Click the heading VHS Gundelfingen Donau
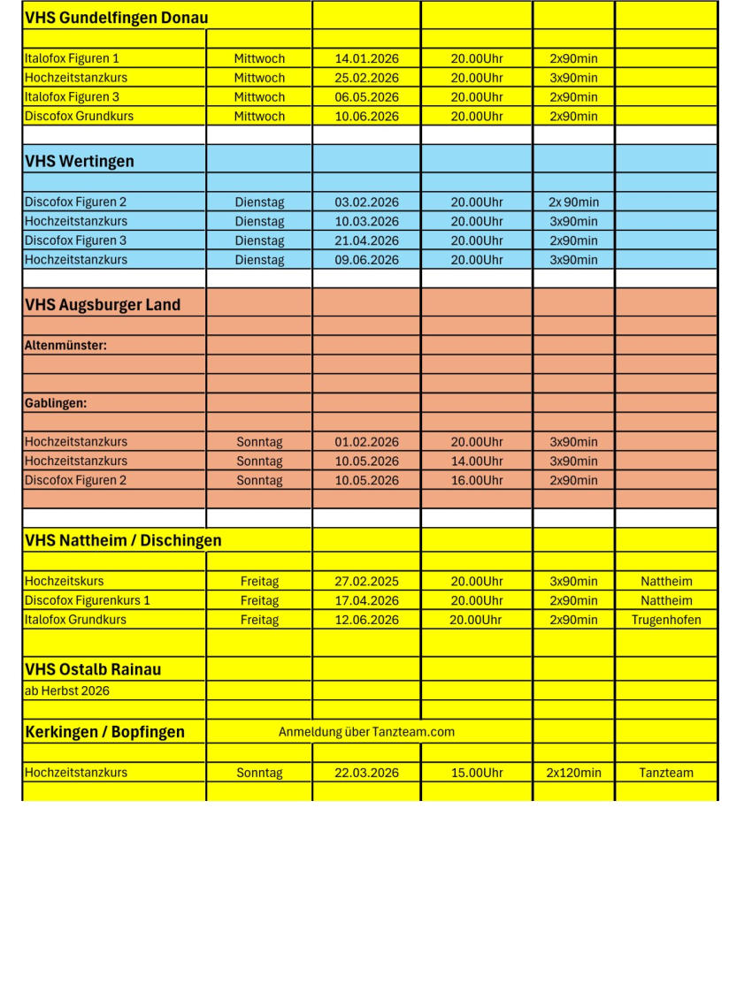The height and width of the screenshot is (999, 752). pos(116,18)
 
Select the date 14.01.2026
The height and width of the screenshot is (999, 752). pos(366,58)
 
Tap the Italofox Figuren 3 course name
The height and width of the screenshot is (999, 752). pos(72,97)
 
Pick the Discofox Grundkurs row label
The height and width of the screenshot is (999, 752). pos(79,116)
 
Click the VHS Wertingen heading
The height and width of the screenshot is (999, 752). pos(80,161)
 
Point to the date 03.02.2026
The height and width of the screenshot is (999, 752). pos(366,202)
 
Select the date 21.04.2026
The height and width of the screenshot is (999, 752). pos(366,240)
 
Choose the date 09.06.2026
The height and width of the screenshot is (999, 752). pos(366,260)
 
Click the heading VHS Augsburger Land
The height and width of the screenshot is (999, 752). pos(103,305)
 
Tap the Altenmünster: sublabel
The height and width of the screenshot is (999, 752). pos(65,346)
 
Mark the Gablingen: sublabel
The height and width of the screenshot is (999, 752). pos(55,403)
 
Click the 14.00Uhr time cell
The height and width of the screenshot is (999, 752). pos(476,461)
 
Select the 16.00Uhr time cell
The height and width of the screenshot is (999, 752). pos(476,480)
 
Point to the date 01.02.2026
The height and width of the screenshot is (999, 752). pos(366,442)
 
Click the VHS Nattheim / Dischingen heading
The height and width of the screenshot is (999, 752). pos(123,540)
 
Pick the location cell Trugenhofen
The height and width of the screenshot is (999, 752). pos(665,620)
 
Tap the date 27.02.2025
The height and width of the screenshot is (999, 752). pos(366,582)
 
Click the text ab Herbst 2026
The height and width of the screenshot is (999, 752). pos(67,690)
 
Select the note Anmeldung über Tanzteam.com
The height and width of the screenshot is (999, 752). pos(366,732)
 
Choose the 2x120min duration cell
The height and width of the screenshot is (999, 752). pos(573,773)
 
